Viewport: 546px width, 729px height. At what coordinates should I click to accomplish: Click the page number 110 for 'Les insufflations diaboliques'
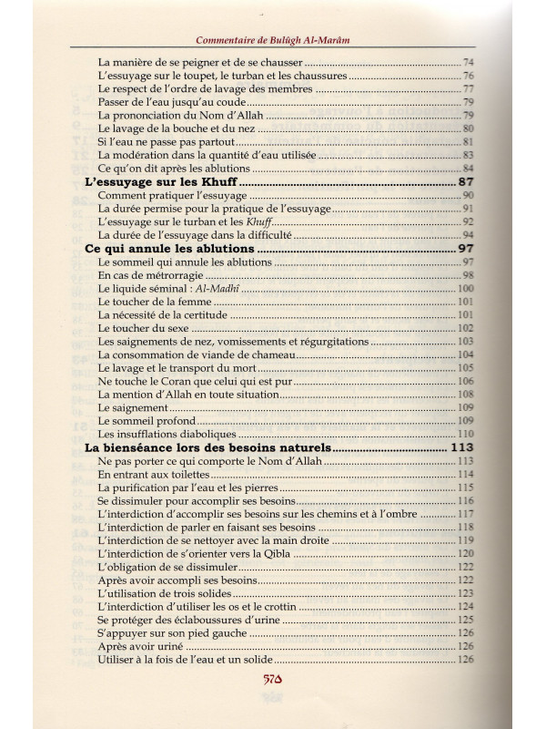[466, 434]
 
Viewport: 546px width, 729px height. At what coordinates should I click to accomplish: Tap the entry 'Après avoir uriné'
[138, 646]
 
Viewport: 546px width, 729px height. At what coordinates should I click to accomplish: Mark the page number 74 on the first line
[469, 62]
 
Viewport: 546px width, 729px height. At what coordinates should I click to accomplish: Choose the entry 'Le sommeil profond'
[146, 421]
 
